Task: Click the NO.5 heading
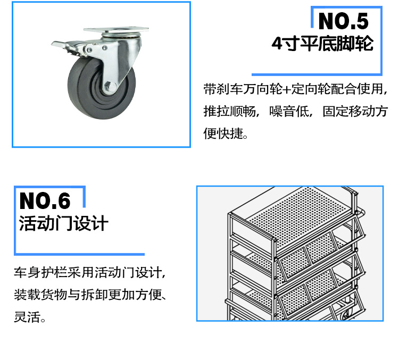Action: (343, 21)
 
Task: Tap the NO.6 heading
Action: (45, 200)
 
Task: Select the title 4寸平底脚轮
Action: (322, 44)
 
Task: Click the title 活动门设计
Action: (64, 223)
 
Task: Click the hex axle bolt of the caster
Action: (111, 87)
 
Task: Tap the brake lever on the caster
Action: (66, 46)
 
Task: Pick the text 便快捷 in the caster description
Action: (223, 133)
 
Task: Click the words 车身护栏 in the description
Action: (40, 272)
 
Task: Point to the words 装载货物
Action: (40, 295)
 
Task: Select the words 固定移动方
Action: (355, 111)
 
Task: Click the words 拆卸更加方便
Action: (121, 295)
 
